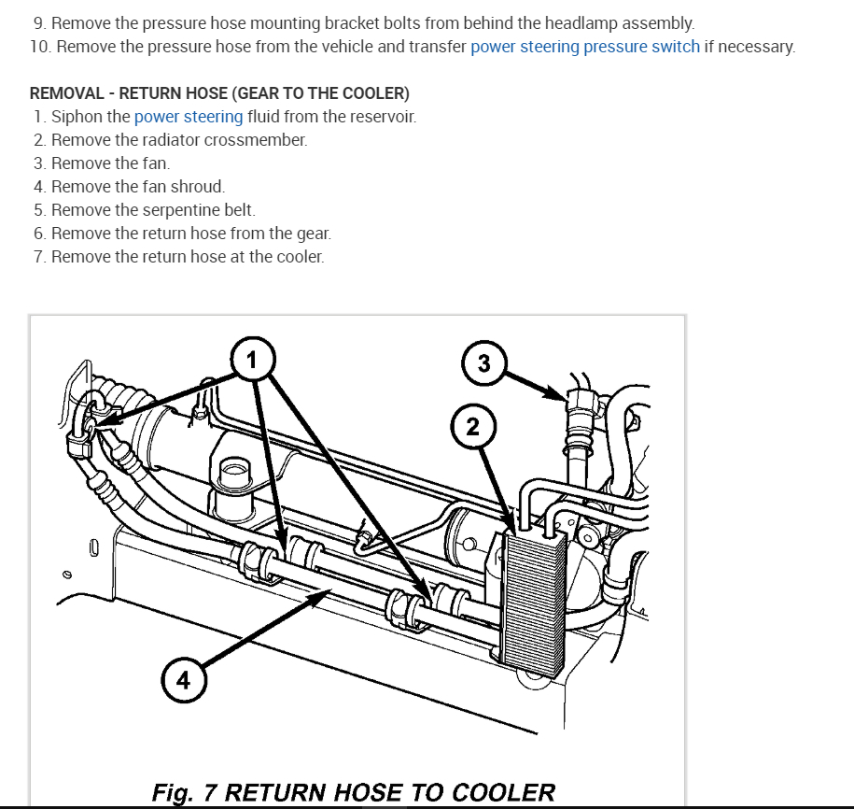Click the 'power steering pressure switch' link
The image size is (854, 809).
(584, 47)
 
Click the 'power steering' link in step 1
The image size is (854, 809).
(189, 117)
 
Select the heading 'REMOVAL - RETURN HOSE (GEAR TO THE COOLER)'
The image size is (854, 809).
(219, 93)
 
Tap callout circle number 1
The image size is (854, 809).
(250, 358)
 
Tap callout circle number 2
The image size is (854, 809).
(472, 427)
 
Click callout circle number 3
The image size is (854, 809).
(483, 363)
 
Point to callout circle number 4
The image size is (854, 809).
(183, 680)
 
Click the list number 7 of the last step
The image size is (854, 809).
(38, 257)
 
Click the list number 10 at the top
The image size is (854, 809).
(38, 47)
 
